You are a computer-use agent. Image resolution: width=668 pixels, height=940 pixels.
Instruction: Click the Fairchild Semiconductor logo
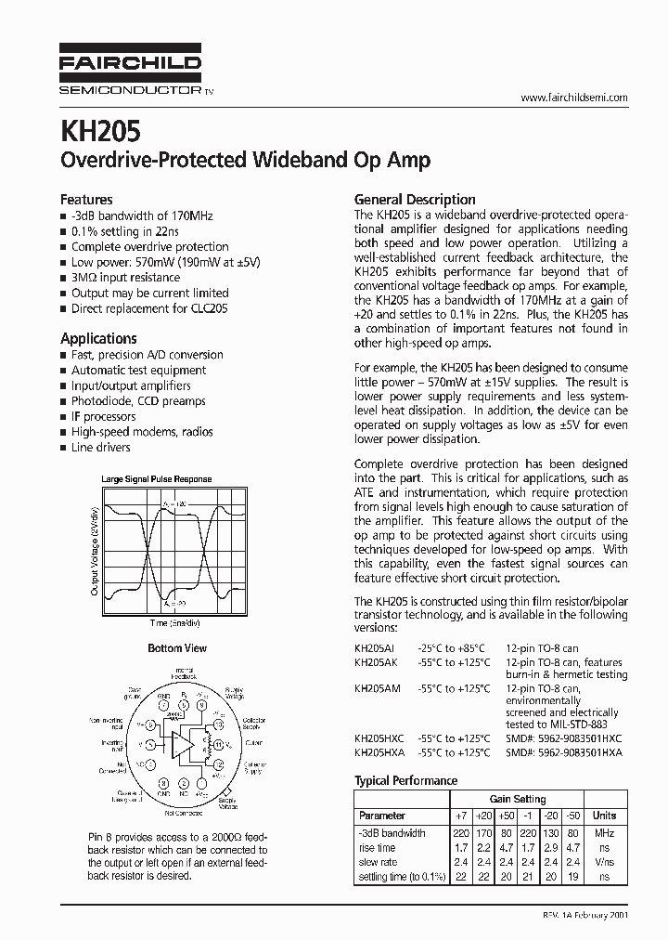131,70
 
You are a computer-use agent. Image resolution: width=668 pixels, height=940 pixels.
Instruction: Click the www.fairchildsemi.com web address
573,98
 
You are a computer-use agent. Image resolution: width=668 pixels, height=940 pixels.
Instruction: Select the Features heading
86,199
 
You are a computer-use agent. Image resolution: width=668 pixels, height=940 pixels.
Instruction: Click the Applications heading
98,338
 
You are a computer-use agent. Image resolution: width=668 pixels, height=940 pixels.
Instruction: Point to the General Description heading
415,199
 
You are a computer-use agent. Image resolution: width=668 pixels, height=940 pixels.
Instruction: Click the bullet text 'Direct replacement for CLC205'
148,308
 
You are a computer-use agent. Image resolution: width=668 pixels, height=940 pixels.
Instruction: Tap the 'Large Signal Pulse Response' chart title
156,479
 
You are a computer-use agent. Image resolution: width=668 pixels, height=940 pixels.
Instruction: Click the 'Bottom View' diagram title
177,648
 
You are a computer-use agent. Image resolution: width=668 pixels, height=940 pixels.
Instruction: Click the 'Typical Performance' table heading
405,780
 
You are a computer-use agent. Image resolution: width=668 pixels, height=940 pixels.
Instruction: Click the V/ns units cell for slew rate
605,862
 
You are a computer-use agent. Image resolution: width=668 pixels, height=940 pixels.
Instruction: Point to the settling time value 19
576,877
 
